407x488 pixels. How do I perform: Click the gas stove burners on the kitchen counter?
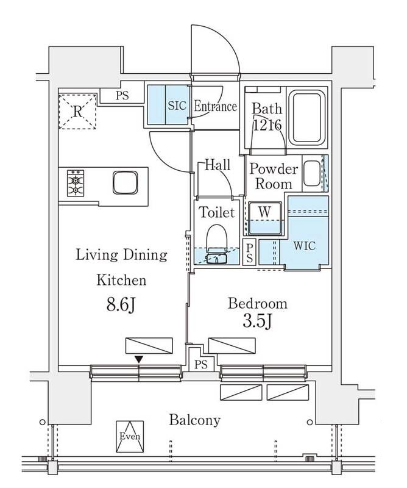coord(76,182)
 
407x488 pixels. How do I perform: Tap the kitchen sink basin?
coord(125,182)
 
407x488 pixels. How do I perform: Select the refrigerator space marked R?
coord(77,111)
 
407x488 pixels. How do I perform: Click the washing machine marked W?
coord(265,218)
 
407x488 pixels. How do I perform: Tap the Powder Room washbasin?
coord(311,174)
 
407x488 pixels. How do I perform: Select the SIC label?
coord(177,106)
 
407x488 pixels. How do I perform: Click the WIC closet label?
coord(305,246)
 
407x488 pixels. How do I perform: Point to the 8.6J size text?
coord(121,305)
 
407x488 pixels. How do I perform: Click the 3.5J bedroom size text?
coord(258,322)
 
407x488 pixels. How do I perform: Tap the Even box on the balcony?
coord(130,436)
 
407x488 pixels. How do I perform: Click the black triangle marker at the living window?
coord(139,359)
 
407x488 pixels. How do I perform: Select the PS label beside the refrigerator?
coord(122,95)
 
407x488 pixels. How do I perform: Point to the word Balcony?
coord(194,420)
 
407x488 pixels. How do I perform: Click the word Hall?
coord(217,165)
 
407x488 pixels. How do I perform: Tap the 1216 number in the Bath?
coord(267,126)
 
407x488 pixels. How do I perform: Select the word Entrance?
coord(215,106)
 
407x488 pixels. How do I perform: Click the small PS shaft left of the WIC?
coord(249,253)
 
